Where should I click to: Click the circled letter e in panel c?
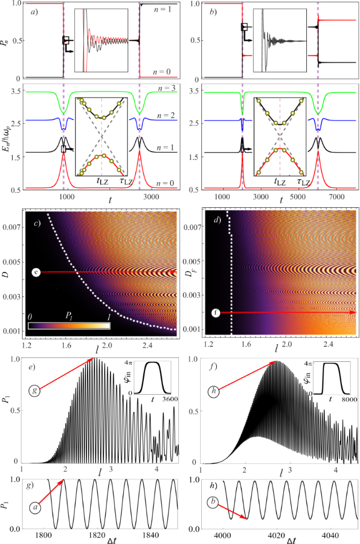(36, 273)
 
